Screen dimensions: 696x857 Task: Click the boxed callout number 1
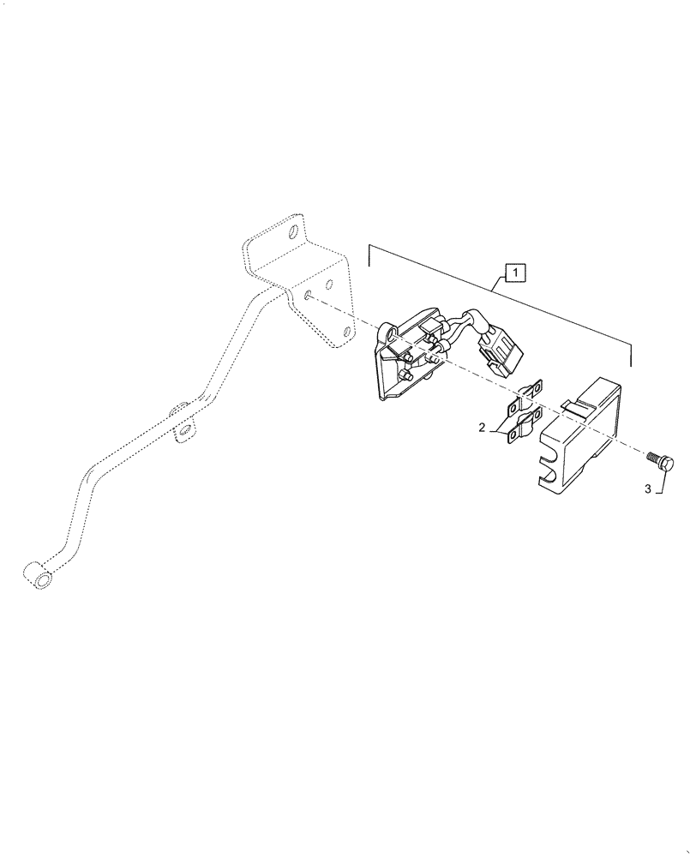click(514, 273)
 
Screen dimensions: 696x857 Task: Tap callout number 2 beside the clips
click(483, 427)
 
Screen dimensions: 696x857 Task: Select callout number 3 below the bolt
click(649, 489)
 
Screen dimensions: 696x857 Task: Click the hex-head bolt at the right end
click(667, 464)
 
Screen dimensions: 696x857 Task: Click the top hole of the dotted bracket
click(293, 231)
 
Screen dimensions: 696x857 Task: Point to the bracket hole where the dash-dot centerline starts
click(306, 297)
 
